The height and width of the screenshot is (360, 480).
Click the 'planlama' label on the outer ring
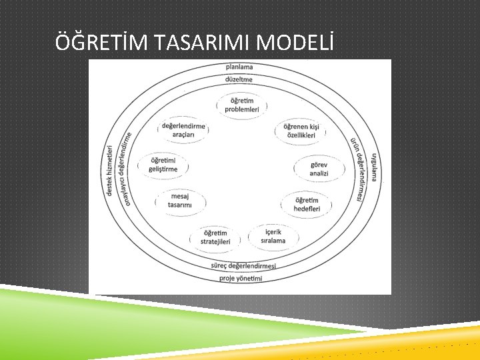click(239, 67)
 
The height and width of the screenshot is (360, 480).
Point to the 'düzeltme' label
click(239, 79)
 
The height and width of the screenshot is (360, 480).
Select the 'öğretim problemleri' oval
click(241, 105)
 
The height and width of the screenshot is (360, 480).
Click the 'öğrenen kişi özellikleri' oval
click(301, 131)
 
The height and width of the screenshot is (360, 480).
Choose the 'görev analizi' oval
click(319, 169)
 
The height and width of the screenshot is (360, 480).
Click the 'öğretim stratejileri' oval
click(215, 237)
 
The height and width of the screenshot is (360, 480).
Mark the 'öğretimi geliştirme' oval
click(163, 165)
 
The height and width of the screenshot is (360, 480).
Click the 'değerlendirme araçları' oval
click(183, 130)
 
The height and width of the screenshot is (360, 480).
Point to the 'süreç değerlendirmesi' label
click(243, 266)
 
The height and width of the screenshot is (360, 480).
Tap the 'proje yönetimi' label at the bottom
click(241, 278)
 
